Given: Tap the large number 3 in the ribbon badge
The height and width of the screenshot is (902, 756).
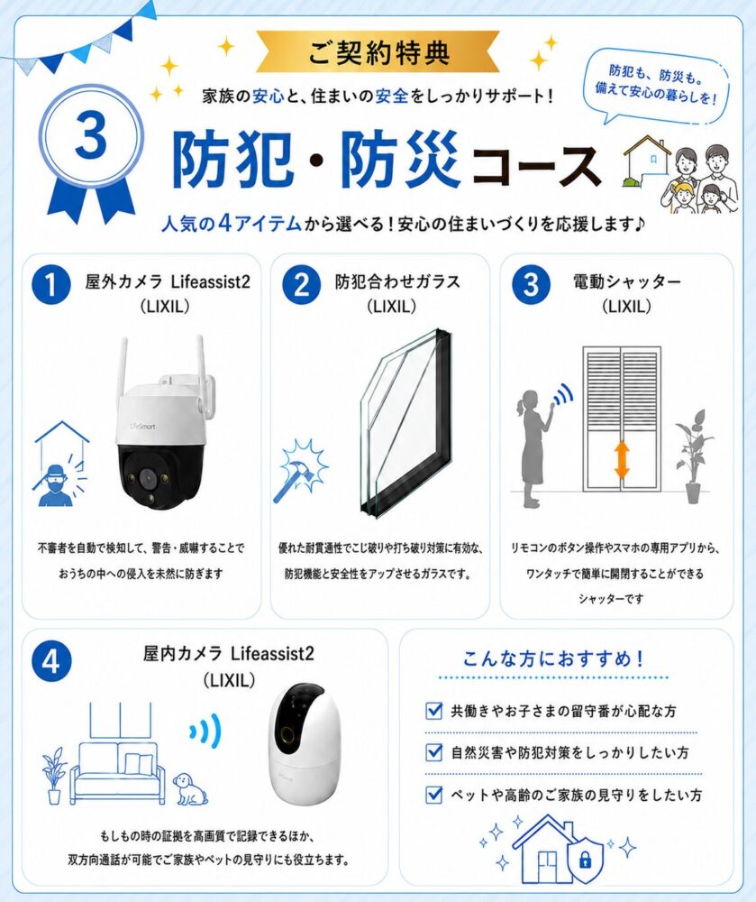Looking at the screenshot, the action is (91, 136).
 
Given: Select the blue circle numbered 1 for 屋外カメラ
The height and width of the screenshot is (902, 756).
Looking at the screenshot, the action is (51, 284).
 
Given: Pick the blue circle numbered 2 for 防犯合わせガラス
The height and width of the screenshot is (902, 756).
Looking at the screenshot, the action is (301, 284).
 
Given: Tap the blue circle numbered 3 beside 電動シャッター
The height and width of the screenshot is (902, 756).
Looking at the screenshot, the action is (531, 284).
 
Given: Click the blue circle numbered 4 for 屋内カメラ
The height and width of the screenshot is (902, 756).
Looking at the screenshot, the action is (51, 660).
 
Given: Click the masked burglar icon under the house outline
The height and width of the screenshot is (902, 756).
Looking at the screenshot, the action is (55, 485).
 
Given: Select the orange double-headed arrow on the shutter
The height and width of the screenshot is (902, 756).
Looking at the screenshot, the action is (622, 460).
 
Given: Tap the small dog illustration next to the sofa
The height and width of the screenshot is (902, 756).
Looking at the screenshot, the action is (190, 788).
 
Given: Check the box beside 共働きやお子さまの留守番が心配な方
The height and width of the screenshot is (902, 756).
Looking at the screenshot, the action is (433, 711).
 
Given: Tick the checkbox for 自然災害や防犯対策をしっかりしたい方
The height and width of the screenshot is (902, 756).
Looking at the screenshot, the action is (433, 752).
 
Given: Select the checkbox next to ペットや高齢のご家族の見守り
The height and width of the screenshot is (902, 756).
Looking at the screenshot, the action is (433, 795).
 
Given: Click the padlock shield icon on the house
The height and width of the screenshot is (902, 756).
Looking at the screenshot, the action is (586, 861).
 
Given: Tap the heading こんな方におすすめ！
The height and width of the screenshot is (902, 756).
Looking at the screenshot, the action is (553, 658).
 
